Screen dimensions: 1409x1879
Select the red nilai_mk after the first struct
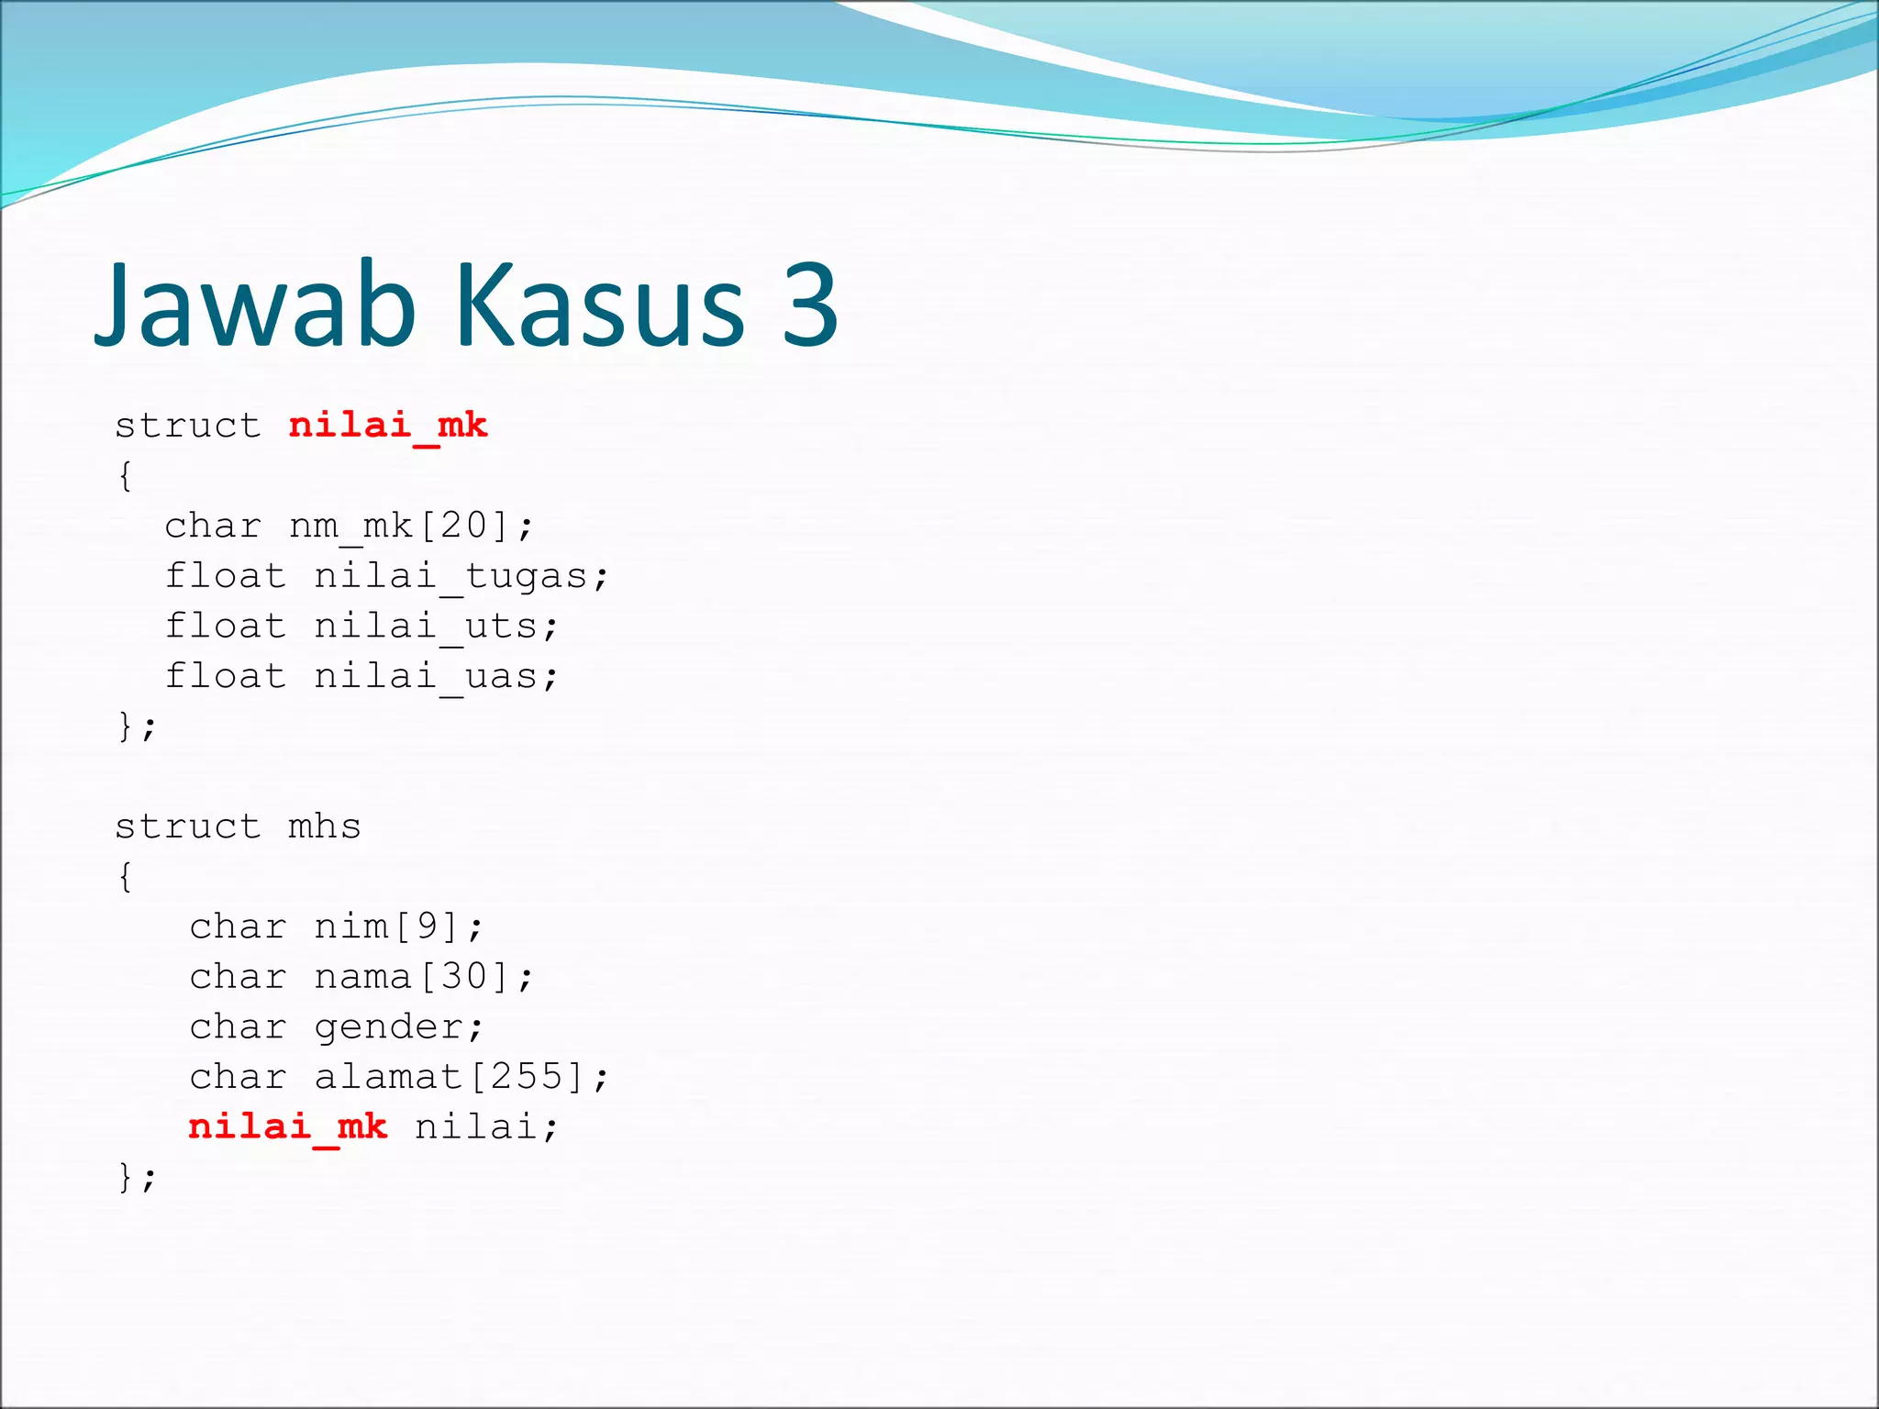(388, 426)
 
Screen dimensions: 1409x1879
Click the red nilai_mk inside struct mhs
(288, 1126)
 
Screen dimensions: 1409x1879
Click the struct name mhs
(325, 827)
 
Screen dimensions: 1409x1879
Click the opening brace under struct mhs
(126, 877)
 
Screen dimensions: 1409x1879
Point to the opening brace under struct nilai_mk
(126, 476)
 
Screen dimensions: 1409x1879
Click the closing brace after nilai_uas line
(126, 727)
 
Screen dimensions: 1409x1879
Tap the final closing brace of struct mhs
(126, 1177)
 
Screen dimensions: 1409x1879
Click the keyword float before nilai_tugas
(226, 576)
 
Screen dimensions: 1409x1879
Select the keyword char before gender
(238, 1026)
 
